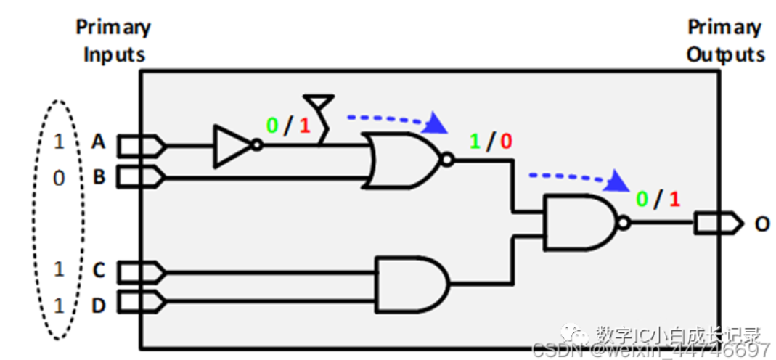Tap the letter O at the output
pyautogui.click(x=761, y=224)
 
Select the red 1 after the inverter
pyautogui.click(x=305, y=126)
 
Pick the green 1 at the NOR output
pyautogui.click(x=475, y=141)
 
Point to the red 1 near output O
pyautogui.click(x=674, y=199)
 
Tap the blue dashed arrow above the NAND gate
pyautogui.click(x=578, y=177)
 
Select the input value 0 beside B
pyautogui.click(x=59, y=178)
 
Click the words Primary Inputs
pyautogui.click(x=114, y=41)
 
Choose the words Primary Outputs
pyautogui.click(x=725, y=41)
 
